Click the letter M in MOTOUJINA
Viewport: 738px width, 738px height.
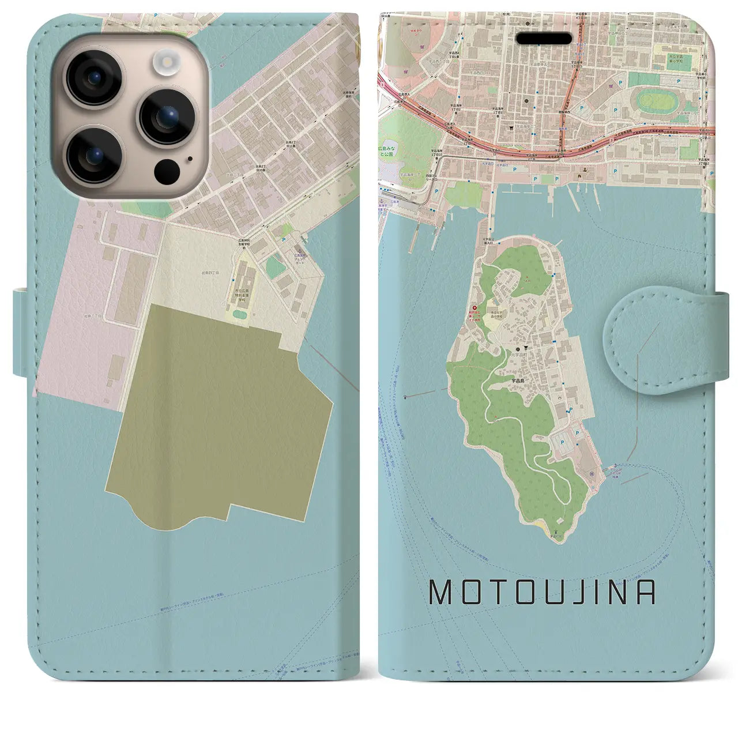pos(442,592)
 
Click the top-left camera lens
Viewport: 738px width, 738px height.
pos(92,78)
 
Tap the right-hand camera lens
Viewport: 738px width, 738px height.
pos(167,116)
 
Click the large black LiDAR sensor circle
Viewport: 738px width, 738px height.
pos(167,171)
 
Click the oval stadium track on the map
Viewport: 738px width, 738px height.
pos(656,102)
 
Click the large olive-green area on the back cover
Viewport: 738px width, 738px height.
pos(219,409)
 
